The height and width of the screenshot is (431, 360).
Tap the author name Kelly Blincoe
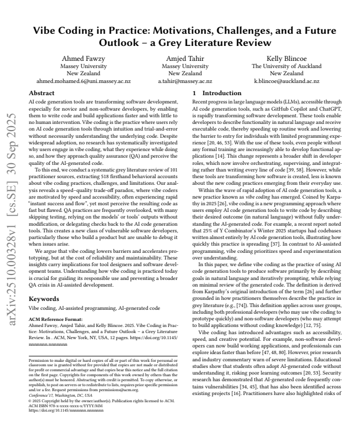(286, 58)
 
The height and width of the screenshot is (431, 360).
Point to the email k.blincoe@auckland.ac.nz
(286, 80)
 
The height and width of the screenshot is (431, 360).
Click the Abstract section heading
(42, 94)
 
